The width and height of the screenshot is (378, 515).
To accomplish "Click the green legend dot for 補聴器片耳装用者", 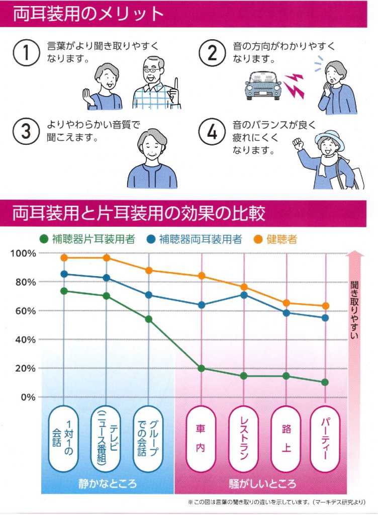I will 44,239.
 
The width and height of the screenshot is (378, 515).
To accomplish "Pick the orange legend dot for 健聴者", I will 248,239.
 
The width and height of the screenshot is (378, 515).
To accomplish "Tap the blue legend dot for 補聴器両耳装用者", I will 151,239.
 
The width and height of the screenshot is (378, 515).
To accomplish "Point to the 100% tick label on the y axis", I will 23,253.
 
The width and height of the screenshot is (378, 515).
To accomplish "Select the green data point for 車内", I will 202,368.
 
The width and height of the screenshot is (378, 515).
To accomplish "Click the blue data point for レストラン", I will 244,295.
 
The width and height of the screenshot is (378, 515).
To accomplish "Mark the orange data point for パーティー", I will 325,306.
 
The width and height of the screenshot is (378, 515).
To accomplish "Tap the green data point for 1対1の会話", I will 64,291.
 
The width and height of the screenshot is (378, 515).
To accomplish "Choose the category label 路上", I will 286,438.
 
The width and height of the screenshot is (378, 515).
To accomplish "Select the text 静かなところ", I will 108,484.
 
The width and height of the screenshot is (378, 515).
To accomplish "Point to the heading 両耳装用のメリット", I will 88,14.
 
